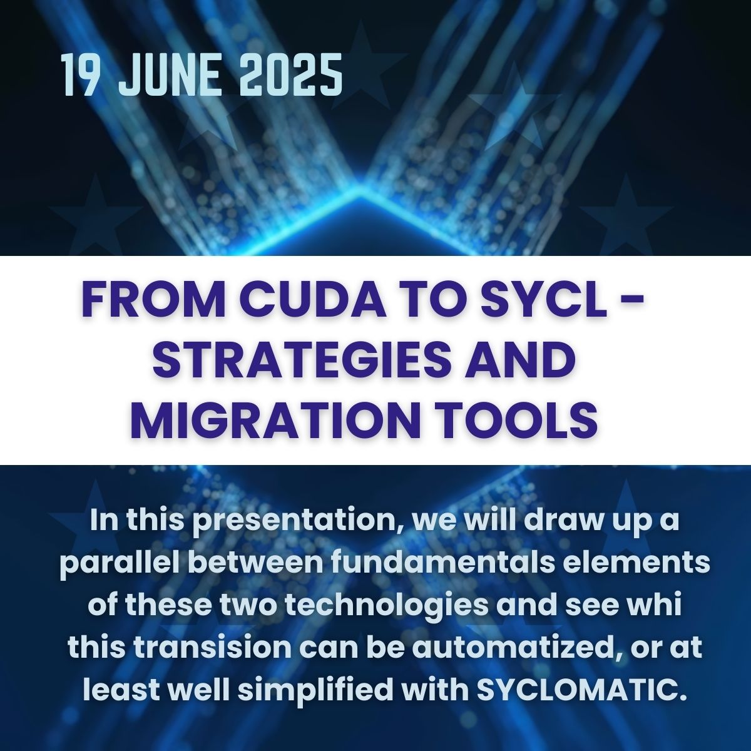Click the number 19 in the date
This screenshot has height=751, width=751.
click(x=79, y=75)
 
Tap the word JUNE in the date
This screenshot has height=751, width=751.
click(x=168, y=75)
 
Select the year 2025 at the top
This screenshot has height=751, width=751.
click(x=291, y=75)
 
